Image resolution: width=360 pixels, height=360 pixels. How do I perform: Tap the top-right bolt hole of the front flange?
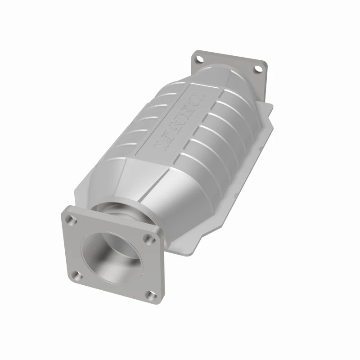tap(147, 239)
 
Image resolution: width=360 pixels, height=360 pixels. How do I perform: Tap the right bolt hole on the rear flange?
tap(258, 69)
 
